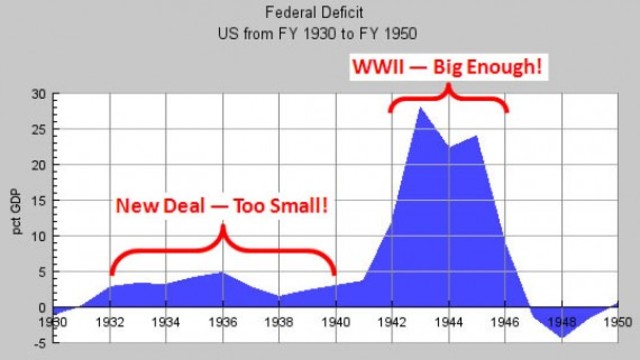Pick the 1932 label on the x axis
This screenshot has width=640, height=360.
[111, 321]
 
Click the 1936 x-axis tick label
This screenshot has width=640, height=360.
[222, 321]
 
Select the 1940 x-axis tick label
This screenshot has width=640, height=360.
[335, 321]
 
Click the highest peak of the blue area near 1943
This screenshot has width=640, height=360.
[420, 107]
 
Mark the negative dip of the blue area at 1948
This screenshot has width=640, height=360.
[561, 338]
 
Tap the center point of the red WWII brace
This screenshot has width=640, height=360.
[447, 90]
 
